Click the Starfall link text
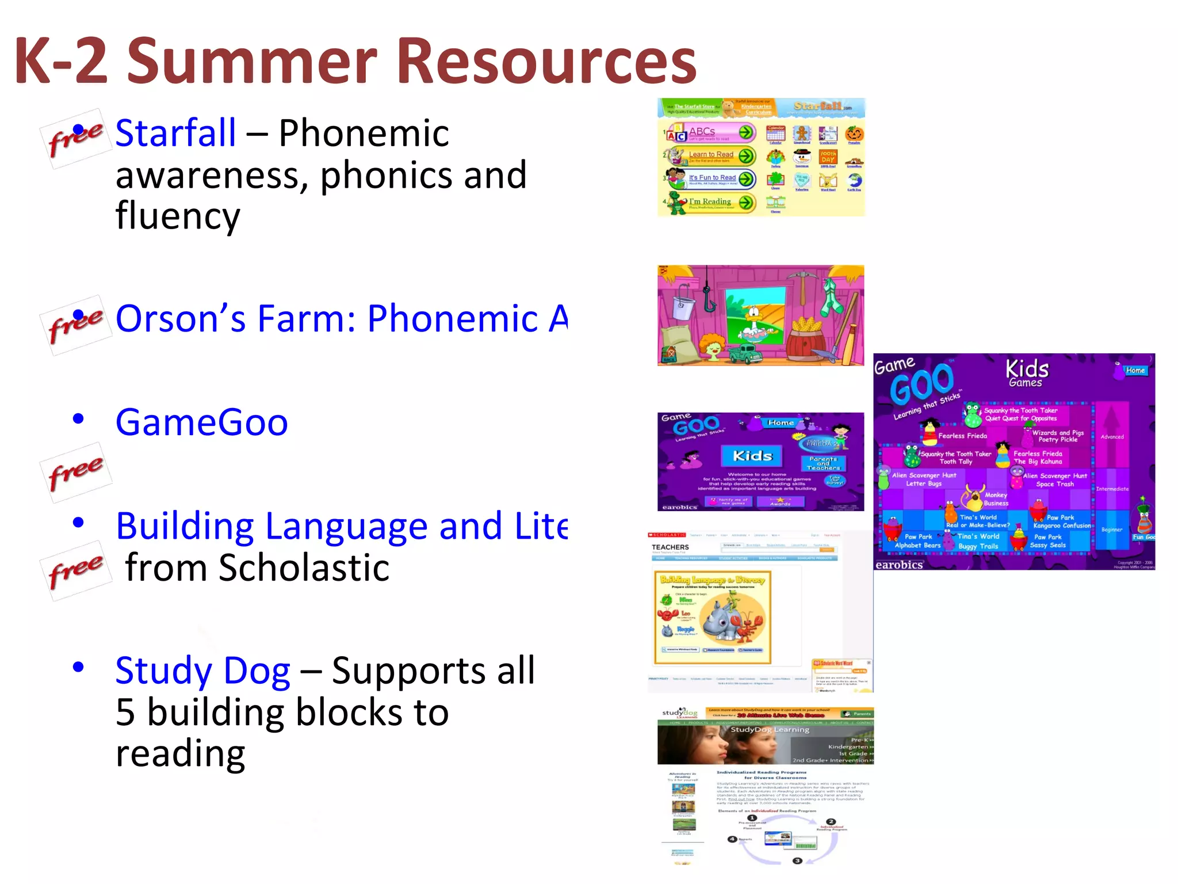(175, 134)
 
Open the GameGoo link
(201, 423)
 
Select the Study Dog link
(202, 671)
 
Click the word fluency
(178, 216)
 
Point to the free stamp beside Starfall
(75, 139)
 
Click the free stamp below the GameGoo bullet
(75, 473)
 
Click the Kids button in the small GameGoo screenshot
(752, 456)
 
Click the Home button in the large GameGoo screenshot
(1135, 371)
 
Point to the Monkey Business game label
(995, 499)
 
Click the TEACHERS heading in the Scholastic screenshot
(670, 547)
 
